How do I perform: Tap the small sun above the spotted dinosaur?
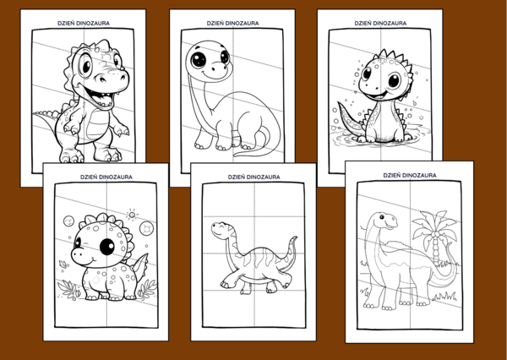pyautogui.click(x=132, y=214)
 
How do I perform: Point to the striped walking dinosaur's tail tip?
pyautogui.click(x=295, y=238)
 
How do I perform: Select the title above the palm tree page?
pyautogui.click(x=410, y=175)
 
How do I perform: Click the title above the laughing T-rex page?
pyautogui.click(x=84, y=24)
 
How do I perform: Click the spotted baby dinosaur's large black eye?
pyautogui.click(x=106, y=247)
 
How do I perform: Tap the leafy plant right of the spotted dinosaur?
pyautogui.click(x=146, y=289)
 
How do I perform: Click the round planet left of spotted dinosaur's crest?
pyautogui.click(x=68, y=221)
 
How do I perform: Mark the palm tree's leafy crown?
pyautogui.click(x=435, y=224)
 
